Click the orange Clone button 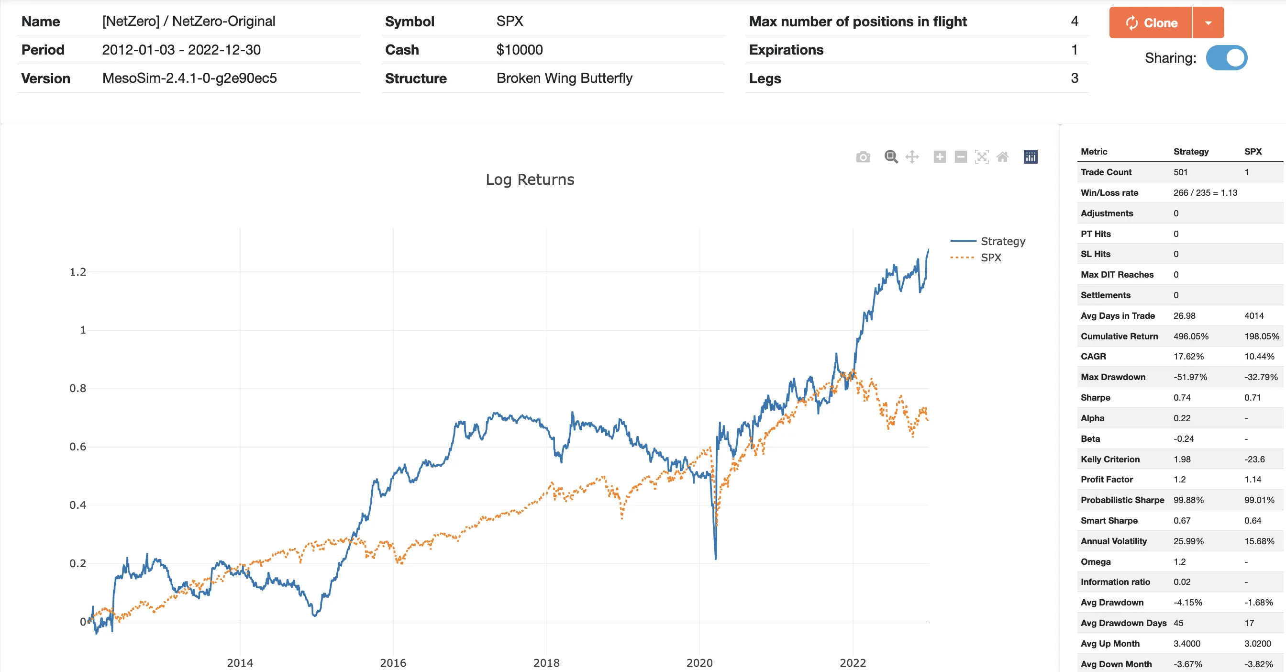click(1150, 23)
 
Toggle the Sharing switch click(1226, 58)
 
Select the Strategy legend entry click(1002, 242)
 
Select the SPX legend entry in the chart click(990, 258)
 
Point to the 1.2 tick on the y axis click(78, 272)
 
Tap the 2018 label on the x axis click(546, 663)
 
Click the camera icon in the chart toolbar click(863, 157)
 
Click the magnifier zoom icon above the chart click(891, 157)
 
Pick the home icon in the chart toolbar click(1002, 157)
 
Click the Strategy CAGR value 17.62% click(1188, 357)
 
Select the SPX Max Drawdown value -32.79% click(1261, 377)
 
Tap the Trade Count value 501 click(1180, 172)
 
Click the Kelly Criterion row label click(1110, 459)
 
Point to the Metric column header click(1094, 152)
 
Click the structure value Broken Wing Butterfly click(564, 78)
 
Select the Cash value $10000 click(519, 50)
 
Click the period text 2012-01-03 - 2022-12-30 click(181, 50)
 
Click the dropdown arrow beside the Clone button click(1208, 23)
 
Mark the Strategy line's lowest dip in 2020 click(715, 558)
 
